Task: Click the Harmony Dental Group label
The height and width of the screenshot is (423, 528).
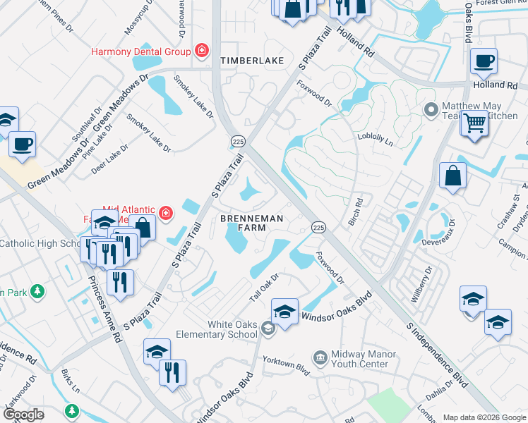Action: pyautogui.click(x=140, y=51)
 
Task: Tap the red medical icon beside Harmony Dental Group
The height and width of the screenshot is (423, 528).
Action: pyautogui.click(x=202, y=51)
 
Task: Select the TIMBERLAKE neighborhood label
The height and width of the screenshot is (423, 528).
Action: pyautogui.click(x=252, y=61)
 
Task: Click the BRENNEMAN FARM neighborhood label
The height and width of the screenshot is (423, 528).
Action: pyautogui.click(x=252, y=223)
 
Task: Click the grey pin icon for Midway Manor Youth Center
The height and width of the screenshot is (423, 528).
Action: pyautogui.click(x=320, y=359)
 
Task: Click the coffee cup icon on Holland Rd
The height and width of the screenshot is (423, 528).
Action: pyautogui.click(x=484, y=61)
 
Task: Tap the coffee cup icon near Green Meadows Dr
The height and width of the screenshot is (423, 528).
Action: pyautogui.click(x=23, y=145)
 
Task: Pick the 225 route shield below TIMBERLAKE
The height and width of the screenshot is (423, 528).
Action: pyautogui.click(x=235, y=142)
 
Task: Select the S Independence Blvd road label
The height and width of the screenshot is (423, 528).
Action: pyautogui.click(x=438, y=356)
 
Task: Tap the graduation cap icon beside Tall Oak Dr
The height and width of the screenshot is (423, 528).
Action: pyautogui.click(x=284, y=312)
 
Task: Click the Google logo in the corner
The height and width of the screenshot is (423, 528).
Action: pyautogui.click(x=23, y=415)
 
